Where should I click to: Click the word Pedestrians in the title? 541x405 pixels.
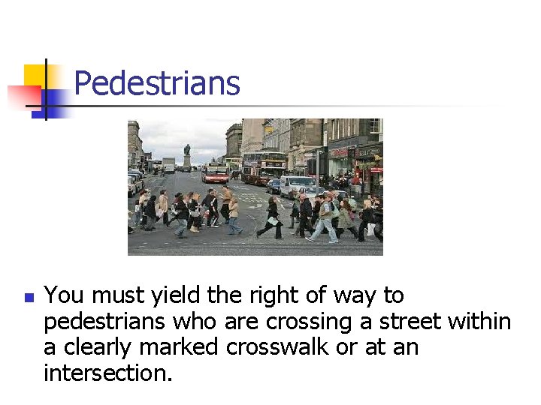click(x=157, y=83)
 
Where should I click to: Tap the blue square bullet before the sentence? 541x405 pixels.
click(x=29, y=298)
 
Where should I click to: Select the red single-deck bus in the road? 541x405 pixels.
click(x=216, y=172)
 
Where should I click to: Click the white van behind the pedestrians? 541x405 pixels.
click(x=298, y=185)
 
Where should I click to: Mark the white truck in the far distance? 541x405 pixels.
click(x=169, y=163)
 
